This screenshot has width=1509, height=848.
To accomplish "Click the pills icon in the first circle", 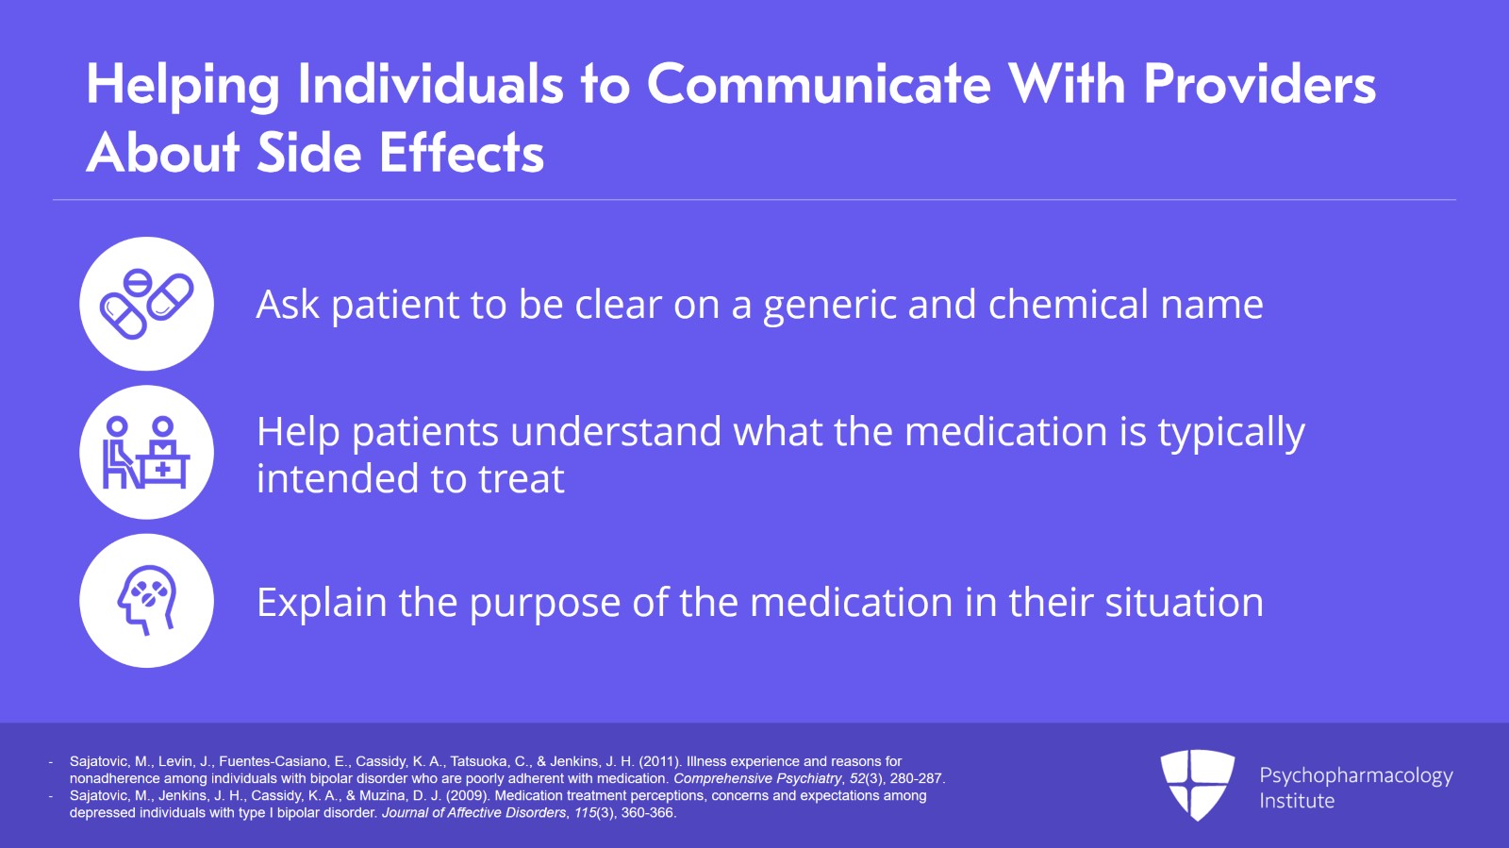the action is [146, 304].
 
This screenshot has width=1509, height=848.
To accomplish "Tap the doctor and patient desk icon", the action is [146, 453].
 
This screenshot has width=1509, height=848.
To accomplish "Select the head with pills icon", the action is [147, 600].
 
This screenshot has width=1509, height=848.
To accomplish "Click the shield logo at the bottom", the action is [1197, 785].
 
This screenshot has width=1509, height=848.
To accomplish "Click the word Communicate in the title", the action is [819, 85].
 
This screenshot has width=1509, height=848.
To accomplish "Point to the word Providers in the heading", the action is [1259, 85].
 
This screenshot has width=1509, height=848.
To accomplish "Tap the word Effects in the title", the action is [461, 153].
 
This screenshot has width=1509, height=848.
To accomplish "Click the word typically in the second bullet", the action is [1232, 433].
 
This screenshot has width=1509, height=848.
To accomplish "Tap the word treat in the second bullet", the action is [522, 479].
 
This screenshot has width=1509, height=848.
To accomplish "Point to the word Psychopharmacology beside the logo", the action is [1356, 776].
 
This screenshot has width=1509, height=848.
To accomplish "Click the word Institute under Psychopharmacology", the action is [1297, 801].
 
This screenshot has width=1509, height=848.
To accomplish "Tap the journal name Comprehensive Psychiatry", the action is [757, 778].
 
